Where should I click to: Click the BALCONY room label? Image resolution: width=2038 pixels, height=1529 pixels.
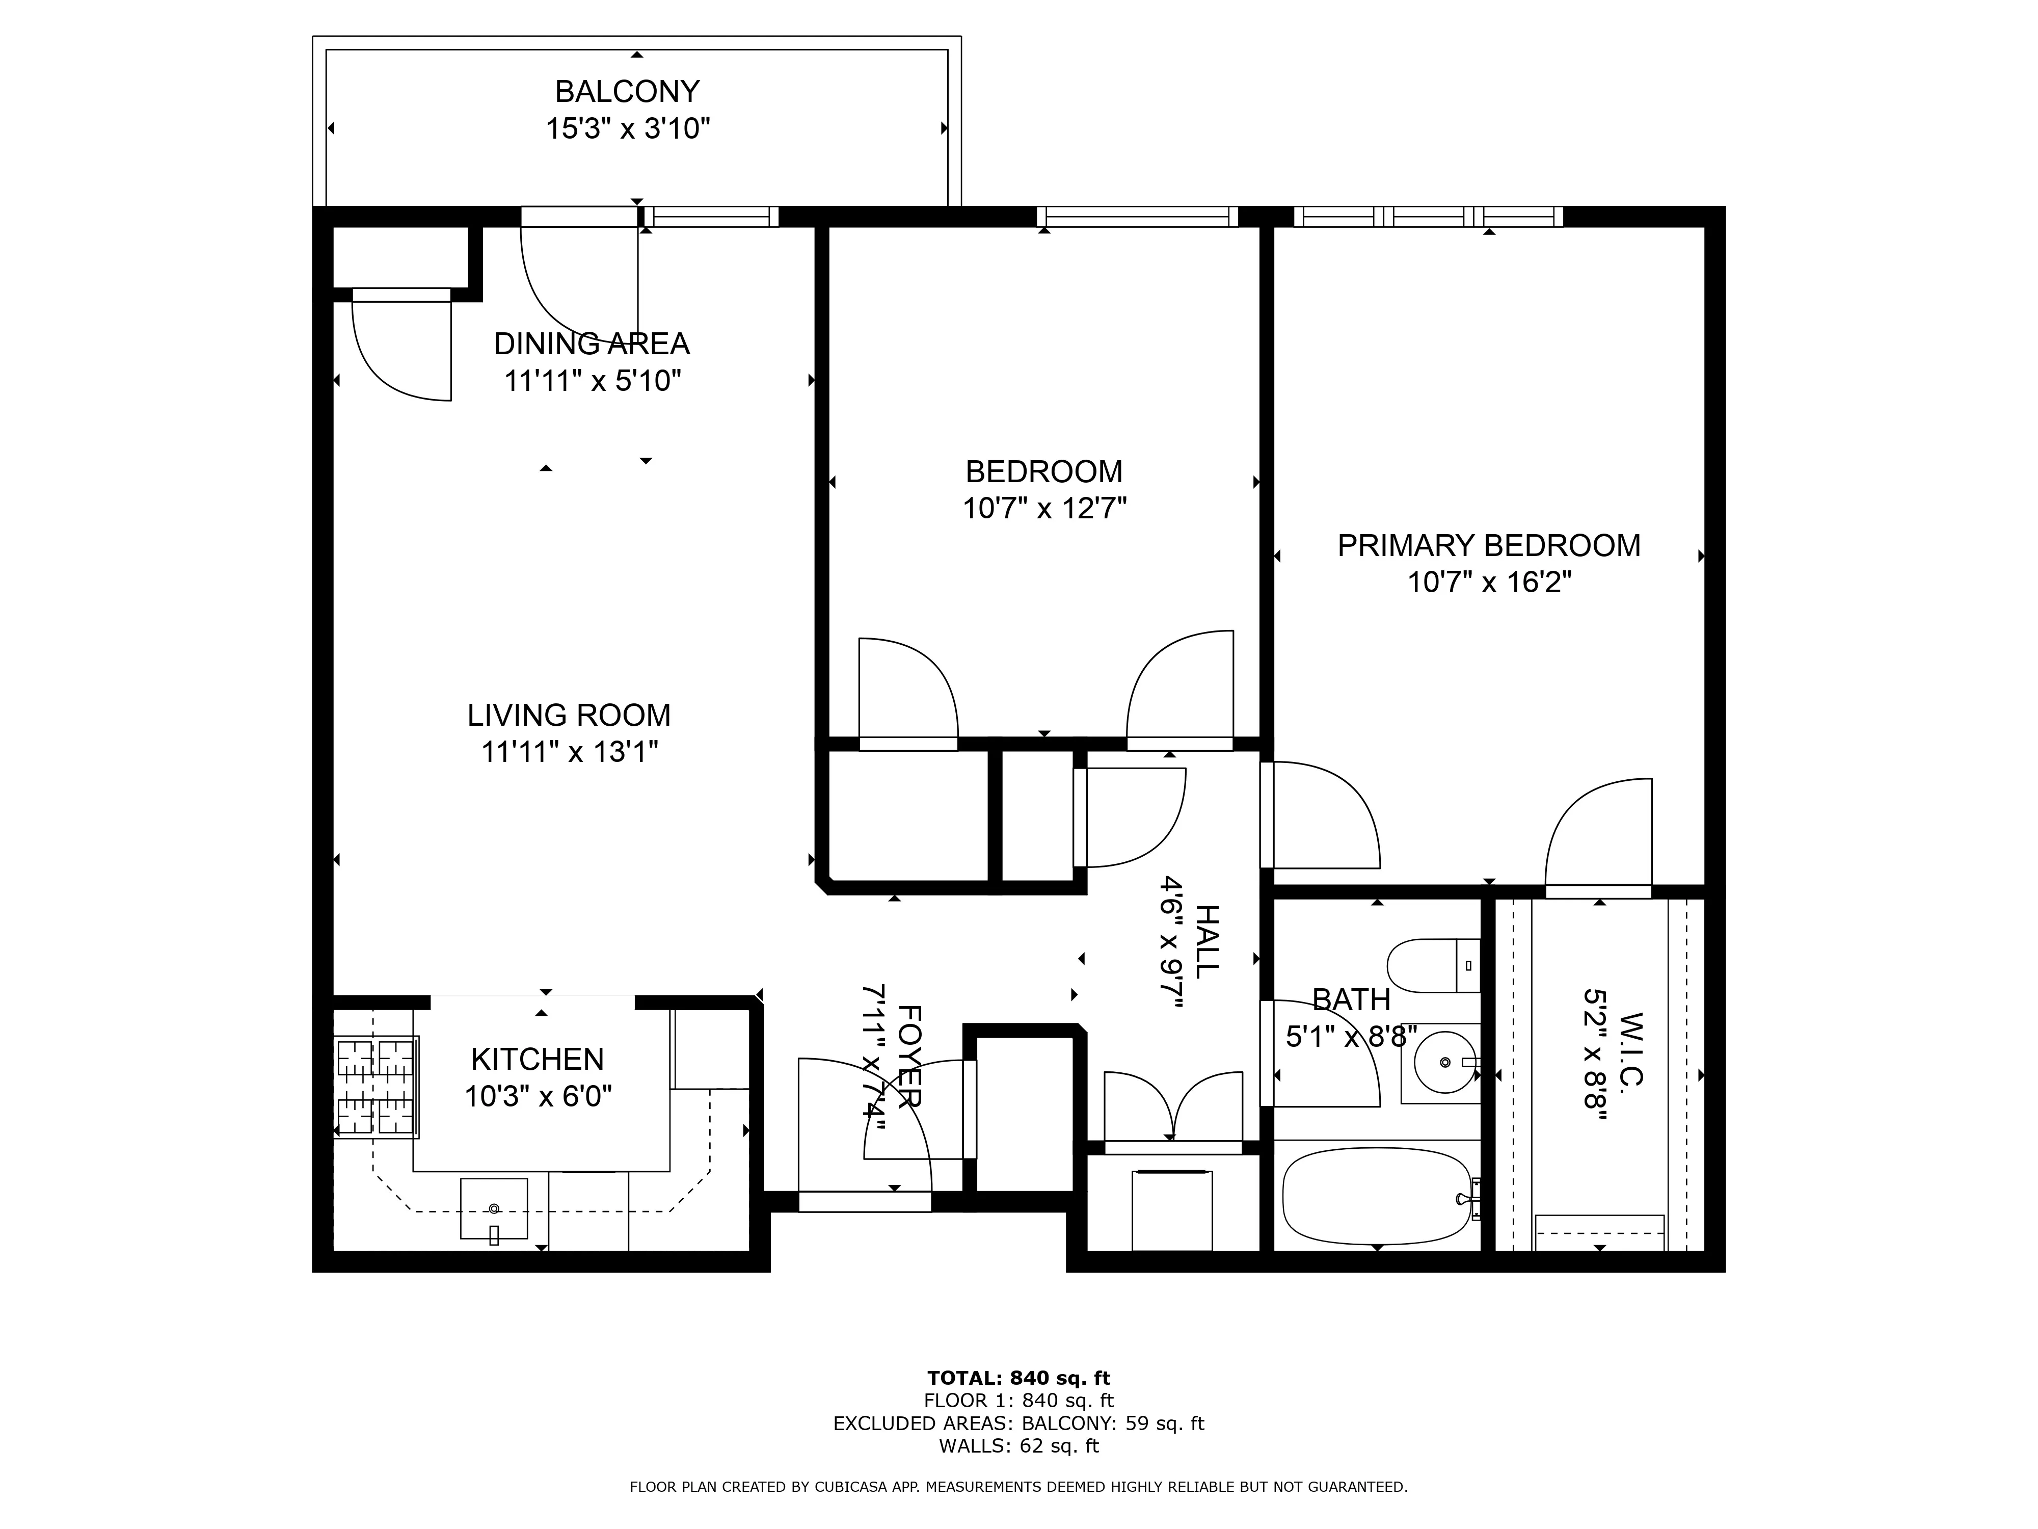coord(627,91)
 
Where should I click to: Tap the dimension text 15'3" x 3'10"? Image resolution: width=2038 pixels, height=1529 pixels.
coord(627,128)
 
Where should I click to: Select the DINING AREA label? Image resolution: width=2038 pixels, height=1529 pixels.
coord(592,344)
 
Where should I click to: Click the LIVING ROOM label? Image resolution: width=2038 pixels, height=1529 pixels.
coord(569,715)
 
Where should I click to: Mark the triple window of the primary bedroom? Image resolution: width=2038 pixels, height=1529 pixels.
coord(1428,217)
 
